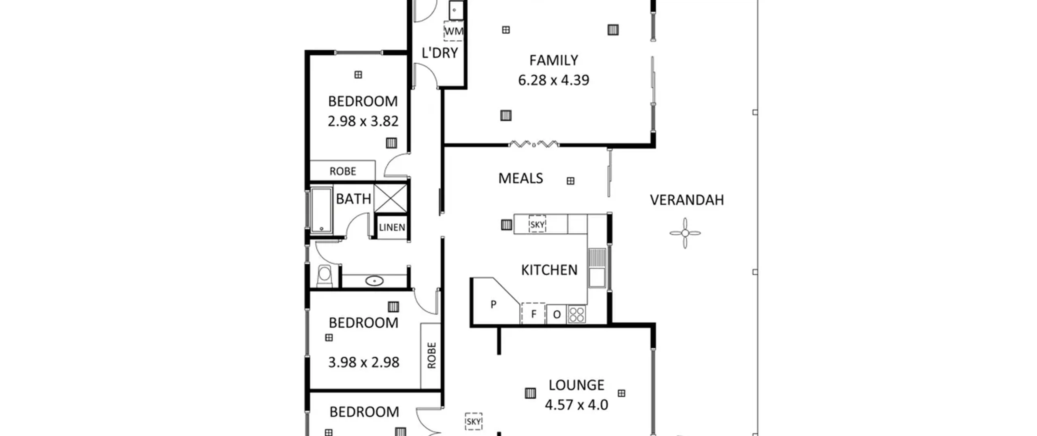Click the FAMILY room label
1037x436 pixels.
coord(553,60)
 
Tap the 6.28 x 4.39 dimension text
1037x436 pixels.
coord(553,80)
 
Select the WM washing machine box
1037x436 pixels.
coord(453,31)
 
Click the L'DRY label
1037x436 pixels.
coord(440,53)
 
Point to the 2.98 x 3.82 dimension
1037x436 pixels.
coord(363,121)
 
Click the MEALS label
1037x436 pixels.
coord(521,178)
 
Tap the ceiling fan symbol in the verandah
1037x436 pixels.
coord(685,233)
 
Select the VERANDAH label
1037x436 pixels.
coord(687,200)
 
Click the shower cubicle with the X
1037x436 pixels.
coord(390,198)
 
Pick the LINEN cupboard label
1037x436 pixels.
coord(392,228)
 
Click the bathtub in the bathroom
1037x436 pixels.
coord(321,210)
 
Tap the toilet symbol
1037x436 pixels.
coord(324,276)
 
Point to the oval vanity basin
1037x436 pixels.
coord(374,281)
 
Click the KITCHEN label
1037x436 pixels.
coord(549,270)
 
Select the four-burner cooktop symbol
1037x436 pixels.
coord(576,314)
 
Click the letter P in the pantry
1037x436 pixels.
coord(493,304)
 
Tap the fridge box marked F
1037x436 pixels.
coord(533,314)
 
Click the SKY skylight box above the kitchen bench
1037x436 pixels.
coord(537,224)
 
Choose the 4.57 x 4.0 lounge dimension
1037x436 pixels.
coord(576,405)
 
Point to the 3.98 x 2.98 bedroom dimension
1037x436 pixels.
coord(363,362)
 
